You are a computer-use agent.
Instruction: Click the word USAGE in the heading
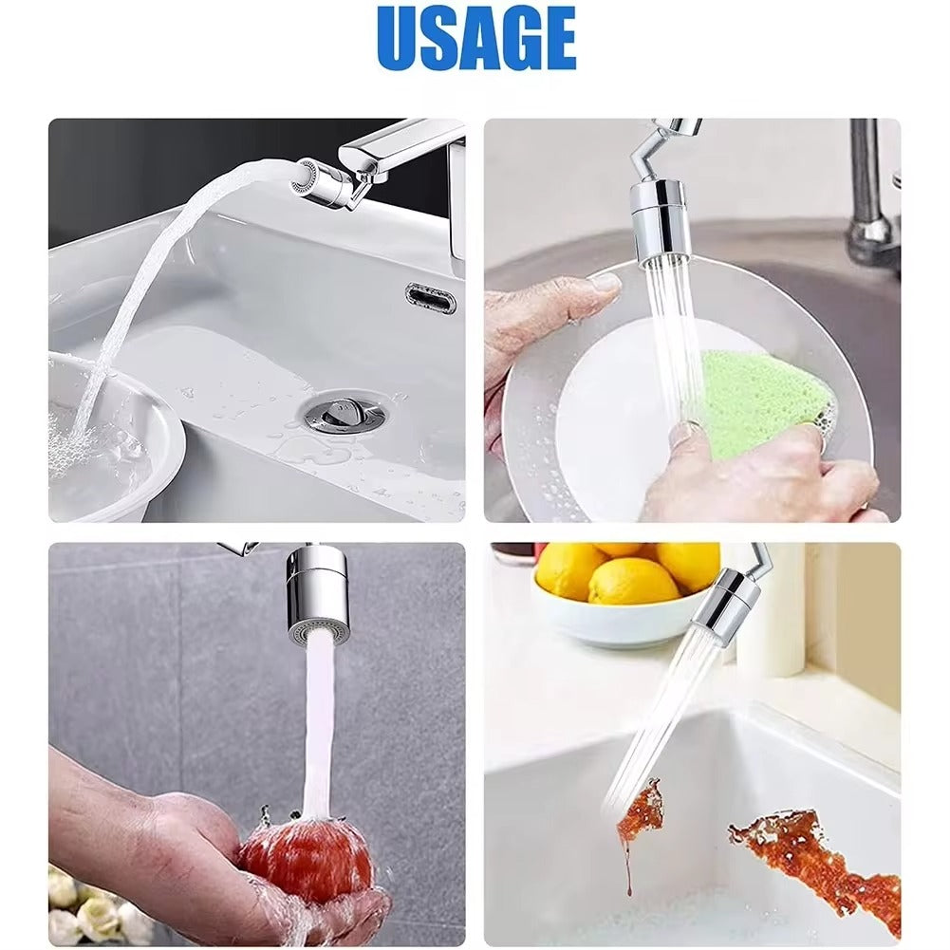tap(475, 39)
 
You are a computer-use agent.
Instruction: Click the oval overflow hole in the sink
tap(431, 298)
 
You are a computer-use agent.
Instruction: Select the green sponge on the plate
tap(765, 400)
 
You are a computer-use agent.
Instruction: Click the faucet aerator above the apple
tap(318, 596)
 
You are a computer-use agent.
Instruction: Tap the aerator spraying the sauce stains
tap(729, 603)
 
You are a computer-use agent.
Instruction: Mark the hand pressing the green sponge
tap(759, 475)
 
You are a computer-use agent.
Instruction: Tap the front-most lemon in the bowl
tap(633, 582)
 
